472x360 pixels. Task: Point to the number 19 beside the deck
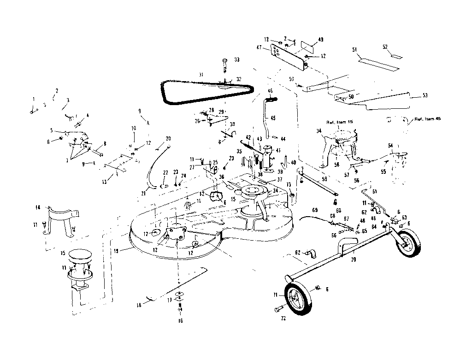[x=117, y=250]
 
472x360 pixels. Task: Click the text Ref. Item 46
[x=426, y=119]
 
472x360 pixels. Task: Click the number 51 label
[x=354, y=50]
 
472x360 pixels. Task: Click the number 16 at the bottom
[x=180, y=321]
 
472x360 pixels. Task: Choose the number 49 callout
[x=321, y=40]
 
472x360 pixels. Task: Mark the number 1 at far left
[x=33, y=99]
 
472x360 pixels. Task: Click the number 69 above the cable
[x=315, y=210]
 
